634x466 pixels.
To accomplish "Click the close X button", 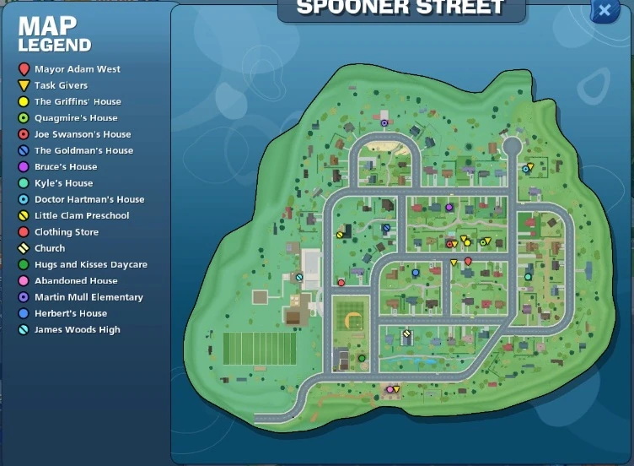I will click(x=604, y=10).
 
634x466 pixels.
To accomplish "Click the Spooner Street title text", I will click(x=400, y=8).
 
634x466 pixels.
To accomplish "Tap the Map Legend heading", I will click(x=54, y=34).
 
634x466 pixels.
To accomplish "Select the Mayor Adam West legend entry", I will click(x=77, y=69).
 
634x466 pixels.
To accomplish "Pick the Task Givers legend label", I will click(x=61, y=85).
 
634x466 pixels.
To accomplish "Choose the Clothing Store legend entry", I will click(x=66, y=232).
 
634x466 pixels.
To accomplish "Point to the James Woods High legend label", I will click(x=77, y=330).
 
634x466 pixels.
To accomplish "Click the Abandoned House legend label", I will click(x=76, y=281).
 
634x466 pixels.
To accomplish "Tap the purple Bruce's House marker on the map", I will click(x=449, y=207).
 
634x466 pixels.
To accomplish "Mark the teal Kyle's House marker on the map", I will click(x=528, y=276).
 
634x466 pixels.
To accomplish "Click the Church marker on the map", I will click(x=406, y=333).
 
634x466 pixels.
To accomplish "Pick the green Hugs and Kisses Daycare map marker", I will click(x=362, y=358).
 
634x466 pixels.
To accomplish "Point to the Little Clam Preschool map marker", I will click(x=341, y=235).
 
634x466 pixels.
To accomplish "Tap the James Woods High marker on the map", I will click(x=299, y=276).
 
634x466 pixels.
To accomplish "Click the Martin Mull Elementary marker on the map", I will click(x=384, y=123).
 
